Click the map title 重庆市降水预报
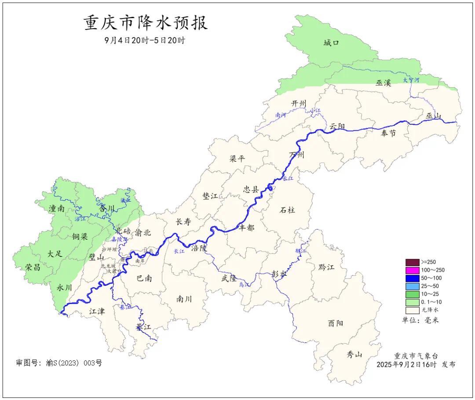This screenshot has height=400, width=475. (146, 23)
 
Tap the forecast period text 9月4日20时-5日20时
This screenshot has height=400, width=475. (145, 41)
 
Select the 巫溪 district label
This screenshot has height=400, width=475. (383, 83)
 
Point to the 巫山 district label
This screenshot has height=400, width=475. (433, 116)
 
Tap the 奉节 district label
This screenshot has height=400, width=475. (388, 133)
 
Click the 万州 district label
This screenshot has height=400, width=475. (297, 155)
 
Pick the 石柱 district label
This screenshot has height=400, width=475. (288, 210)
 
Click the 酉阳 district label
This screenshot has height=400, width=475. (336, 323)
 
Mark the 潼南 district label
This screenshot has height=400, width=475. (57, 209)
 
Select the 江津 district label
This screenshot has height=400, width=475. (97, 311)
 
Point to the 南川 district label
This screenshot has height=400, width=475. (184, 299)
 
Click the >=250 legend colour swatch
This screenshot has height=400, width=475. (412, 262)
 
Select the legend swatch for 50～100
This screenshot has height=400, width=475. (412, 278)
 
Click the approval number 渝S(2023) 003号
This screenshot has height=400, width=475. (59, 363)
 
